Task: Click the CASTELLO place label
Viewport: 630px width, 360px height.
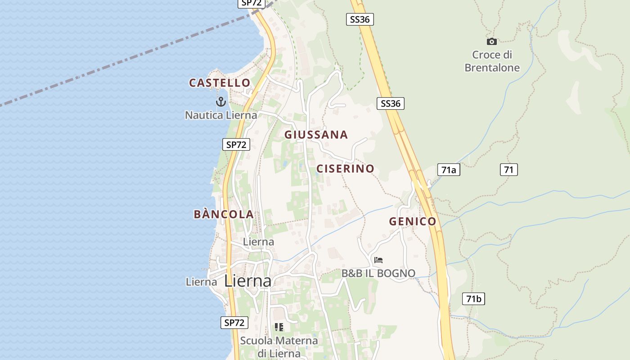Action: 220,83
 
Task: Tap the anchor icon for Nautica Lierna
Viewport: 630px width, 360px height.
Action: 220,102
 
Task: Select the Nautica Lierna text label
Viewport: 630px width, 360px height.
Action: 221,115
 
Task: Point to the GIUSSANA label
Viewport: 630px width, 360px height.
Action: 316,135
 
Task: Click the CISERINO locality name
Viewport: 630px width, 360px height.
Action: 345,169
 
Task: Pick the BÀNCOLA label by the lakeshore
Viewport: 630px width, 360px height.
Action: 224,214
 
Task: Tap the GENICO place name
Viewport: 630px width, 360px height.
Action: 413,221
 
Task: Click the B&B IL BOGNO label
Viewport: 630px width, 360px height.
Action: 378,273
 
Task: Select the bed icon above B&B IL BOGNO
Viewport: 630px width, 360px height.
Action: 378,260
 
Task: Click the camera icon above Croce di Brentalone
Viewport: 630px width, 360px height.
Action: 492,42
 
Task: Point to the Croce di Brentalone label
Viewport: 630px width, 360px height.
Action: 492,61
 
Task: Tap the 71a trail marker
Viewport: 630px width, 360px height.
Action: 449,170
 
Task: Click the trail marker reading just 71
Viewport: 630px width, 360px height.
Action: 508,170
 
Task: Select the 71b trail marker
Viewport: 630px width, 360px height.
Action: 473,299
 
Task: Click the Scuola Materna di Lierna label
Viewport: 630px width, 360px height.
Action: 279,346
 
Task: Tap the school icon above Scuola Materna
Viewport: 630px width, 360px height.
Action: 279,327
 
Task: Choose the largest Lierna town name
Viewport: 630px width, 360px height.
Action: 248,281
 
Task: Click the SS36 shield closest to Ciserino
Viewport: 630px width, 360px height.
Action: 390,103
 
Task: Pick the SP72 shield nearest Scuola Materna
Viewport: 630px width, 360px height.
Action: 234,322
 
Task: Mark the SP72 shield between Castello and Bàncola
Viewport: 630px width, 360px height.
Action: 236,144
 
